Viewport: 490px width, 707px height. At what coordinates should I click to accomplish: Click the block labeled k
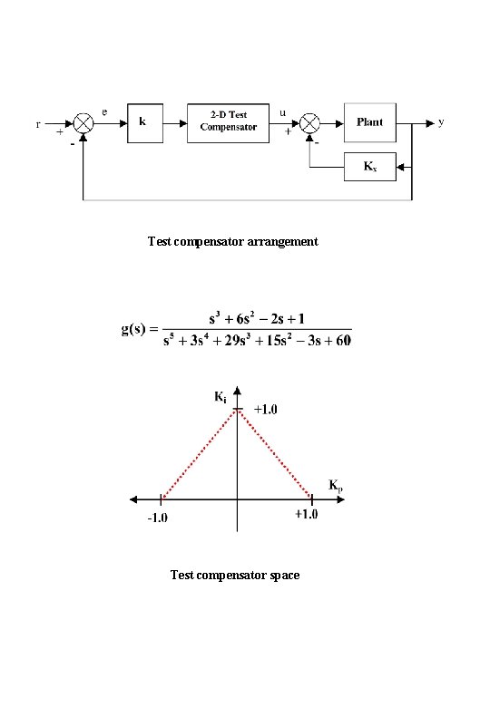coord(143,122)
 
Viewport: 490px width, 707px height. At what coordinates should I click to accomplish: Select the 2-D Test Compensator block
coord(229,122)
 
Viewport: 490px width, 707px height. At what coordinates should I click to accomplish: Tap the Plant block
coord(369,122)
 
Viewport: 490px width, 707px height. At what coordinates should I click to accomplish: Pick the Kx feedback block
coord(369,167)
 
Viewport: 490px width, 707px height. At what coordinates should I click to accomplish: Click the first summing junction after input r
coord(83,122)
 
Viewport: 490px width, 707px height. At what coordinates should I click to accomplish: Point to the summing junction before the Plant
coord(309,122)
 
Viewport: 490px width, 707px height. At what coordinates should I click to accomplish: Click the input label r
coord(38,124)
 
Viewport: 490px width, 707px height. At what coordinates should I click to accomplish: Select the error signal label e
coord(104,111)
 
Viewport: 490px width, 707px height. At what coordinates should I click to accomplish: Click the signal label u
coord(284,112)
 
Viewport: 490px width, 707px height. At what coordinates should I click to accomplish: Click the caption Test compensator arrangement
coord(233,242)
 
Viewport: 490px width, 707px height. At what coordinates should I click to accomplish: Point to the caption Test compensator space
coord(235,575)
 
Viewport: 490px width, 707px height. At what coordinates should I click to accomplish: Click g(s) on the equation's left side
coord(139,328)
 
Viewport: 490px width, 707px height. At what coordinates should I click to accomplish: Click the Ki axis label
coord(220,397)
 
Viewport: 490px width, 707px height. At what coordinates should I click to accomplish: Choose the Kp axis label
coord(335,486)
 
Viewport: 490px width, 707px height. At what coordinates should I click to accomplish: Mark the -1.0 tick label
coord(158,518)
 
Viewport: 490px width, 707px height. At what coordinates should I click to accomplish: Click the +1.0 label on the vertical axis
coord(265,410)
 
